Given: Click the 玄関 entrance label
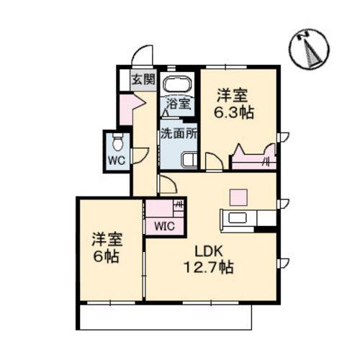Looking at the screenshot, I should tap(143, 79).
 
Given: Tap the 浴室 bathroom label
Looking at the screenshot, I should tap(178, 103).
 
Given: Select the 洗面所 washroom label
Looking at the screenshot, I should tap(178, 133).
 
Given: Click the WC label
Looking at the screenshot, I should tap(117, 160).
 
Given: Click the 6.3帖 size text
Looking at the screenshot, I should tap(236, 114).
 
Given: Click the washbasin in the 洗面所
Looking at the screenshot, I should tap(189, 160).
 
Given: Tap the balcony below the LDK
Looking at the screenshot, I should tap(166, 315).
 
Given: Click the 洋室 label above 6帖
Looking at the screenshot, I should tap(105, 238).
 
